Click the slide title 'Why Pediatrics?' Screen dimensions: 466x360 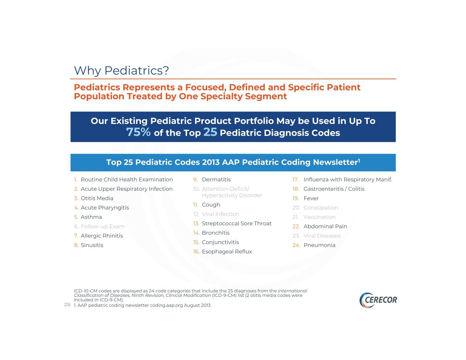(x=122, y=71)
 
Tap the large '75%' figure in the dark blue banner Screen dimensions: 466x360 (x=138, y=132)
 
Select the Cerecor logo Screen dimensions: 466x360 (x=378, y=300)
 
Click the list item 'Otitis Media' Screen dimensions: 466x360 (x=97, y=198)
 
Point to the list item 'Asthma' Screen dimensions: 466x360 (x=91, y=217)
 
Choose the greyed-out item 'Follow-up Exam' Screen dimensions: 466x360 (x=102, y=227)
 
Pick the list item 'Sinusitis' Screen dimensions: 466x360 (x=92, y=245)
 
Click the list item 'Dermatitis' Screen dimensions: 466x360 (x=216, y=179)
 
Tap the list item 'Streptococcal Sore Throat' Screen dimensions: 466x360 (x=237, y=224)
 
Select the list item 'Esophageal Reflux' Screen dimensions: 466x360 (x=227, y=251)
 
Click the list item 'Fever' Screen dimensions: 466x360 (x=311, y=198)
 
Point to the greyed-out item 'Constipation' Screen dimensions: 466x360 (x=321, y=208)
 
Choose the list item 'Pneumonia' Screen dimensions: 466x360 (x=319, y=245)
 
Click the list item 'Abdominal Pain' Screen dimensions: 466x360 (x=325, y=226)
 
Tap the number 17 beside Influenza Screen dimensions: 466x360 (x=296, y=179)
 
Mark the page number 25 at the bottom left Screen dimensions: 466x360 (x=67, y=304)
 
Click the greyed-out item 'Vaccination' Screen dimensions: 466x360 (x=320, y=217)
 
